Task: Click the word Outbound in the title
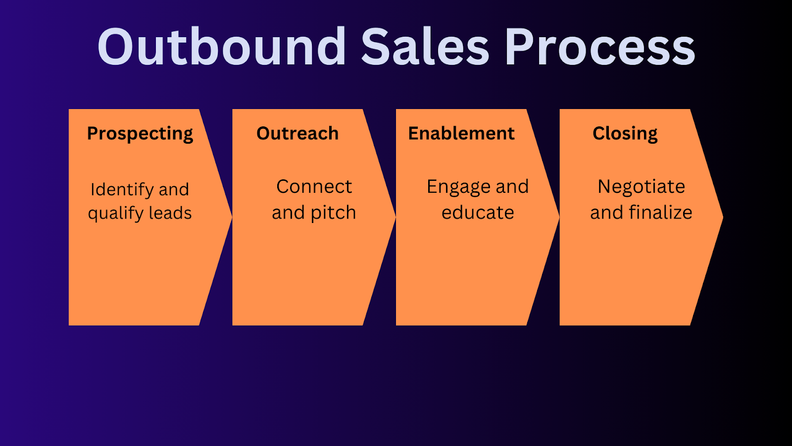click(222, 47)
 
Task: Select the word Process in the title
click(599, 47)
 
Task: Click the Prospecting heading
click(140, 134)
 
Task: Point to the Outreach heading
click(297, 133)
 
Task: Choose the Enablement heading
click(461, 133)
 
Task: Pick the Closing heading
click(625, 134)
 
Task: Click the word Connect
click(314, 186)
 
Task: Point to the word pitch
click(333, 213)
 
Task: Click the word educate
click(478, 213)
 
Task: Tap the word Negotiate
click(641, 186)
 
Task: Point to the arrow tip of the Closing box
click(720, 217)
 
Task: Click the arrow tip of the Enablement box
click(557, 217)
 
